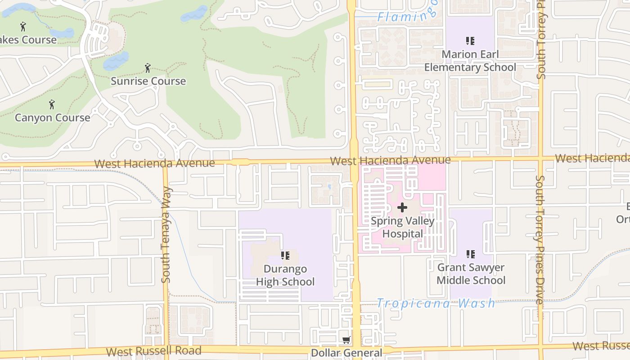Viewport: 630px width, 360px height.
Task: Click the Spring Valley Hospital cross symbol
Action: (402, 207)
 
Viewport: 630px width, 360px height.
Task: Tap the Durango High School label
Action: (285, 275)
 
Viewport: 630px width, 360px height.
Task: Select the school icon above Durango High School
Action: (285, 256)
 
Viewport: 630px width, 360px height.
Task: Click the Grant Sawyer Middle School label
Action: (471, 274)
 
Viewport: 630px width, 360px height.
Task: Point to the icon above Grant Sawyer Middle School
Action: (471, 254)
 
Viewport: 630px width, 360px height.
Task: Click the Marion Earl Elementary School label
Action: (470, 61)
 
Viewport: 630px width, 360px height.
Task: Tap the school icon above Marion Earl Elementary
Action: (470, 41)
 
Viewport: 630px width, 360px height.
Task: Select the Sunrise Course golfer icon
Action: (148, 68)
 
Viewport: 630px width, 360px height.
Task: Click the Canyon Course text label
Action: (52, 118)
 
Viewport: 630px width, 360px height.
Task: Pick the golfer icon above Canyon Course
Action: (52, 104)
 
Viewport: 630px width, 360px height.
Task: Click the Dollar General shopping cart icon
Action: (346, 341)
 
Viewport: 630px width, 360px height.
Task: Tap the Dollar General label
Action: (346, 353)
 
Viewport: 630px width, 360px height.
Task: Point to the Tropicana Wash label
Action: (436, 303)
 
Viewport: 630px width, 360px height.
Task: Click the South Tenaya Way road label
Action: (166, 235)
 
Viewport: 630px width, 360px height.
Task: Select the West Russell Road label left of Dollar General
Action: (153, 351)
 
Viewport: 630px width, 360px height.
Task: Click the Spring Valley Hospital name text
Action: (402, 227)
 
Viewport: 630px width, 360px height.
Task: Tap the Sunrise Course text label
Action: (148, 81)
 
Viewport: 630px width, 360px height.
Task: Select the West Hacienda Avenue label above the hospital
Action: (390, 160)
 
